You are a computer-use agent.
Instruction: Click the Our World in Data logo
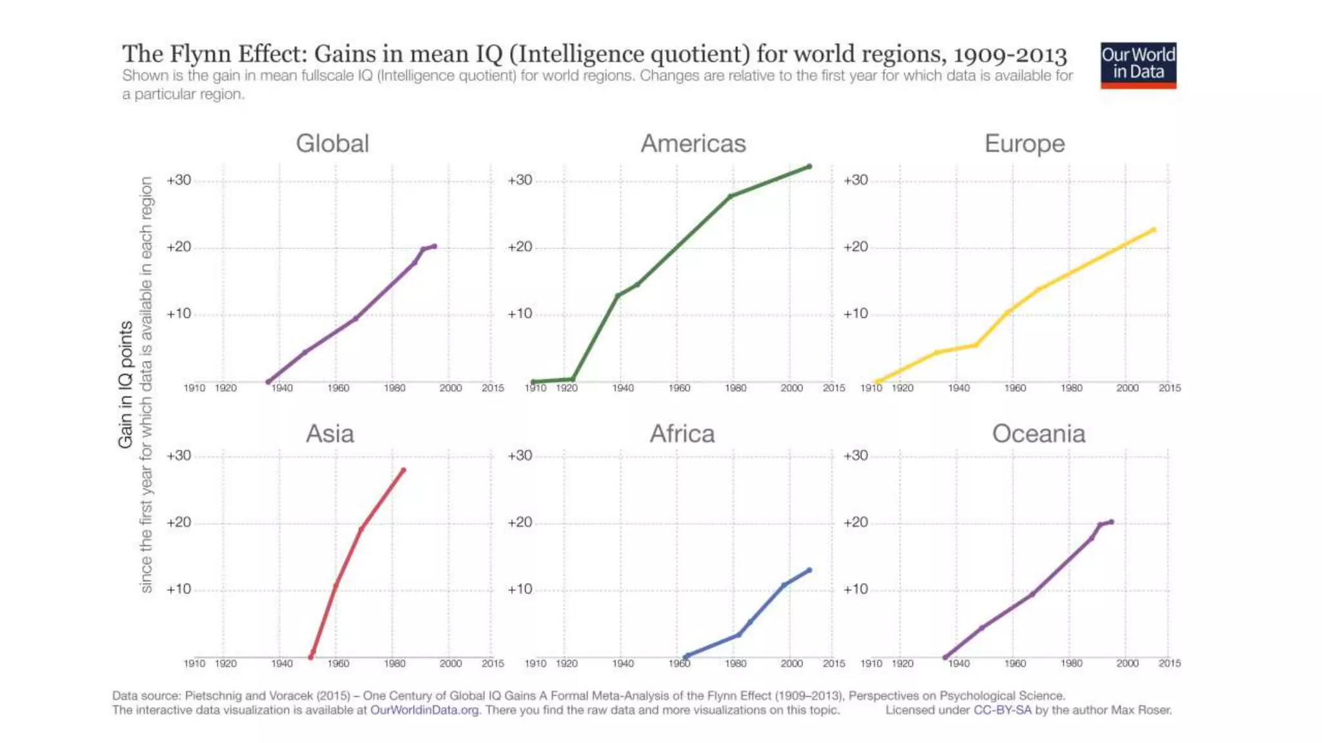click(x=1138, y=65)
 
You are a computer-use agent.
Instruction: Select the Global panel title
click(x=332, y=143)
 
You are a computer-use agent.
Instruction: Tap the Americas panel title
click(x=693, y=143)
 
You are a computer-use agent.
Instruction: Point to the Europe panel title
click(x=1024, y=143)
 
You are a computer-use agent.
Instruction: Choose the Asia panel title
click(x=330, y=433)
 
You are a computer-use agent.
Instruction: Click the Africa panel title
click(x=682, y=433)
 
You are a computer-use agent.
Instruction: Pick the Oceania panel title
click(x=1039, y=433)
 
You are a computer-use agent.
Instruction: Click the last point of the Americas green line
click(x=809, y=166)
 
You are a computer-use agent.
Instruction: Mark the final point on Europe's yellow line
click(x=1154, y=230)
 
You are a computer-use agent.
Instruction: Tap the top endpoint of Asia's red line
click(x=403, y=470)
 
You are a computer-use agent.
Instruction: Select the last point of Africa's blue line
click(x=809, y=570)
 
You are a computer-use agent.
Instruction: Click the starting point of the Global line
click(x=269, y=382)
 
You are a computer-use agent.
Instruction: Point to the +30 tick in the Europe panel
click(x=855, y=180)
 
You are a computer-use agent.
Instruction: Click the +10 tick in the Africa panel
click(x=520, y=589)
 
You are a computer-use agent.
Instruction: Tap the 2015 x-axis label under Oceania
click(x=1170, y=663)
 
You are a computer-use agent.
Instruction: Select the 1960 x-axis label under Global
click(x=338, y=388)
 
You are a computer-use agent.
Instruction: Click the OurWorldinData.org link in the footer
click(x=425, y=710)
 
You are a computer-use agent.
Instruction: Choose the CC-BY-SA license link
click(x=1002, y=710)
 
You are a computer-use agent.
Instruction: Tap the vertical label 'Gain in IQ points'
click(x=125, y=384)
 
